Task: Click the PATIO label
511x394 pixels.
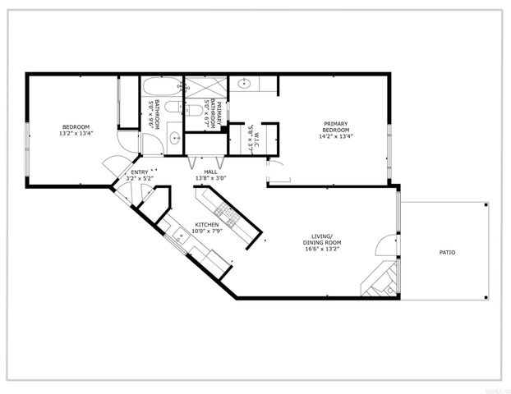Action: (x=446, y=252)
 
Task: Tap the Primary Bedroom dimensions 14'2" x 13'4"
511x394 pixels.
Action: (x=335, y=137)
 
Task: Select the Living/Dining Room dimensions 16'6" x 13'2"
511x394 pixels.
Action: (x=320, y=248)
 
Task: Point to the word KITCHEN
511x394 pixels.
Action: (x=205, y=225)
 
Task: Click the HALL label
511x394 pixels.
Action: (x=210, y=172)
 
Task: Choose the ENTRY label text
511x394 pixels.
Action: (x=140, y=172)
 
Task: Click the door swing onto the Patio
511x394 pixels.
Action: (x=384, y=245)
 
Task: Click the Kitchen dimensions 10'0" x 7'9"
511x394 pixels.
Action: (x=205, y=231)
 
